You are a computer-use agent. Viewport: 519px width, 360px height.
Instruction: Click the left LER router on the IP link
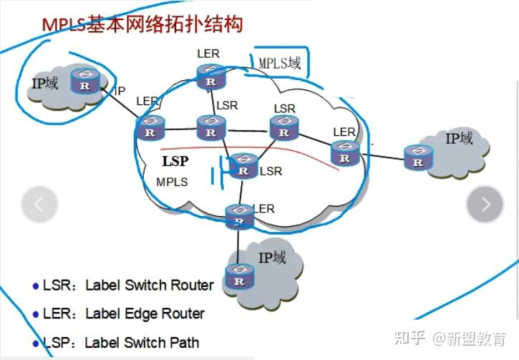coord(150,128)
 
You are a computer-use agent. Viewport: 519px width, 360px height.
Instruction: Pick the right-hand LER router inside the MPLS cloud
coord(345,152)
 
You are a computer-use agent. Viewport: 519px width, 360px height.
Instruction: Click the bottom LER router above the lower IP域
coord(239,216)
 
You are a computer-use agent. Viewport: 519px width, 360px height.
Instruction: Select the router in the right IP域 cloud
coord(417,157)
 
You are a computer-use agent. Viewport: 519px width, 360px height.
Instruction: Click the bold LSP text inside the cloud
coord(175,162)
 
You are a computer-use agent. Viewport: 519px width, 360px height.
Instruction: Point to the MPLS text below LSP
coord(172,182)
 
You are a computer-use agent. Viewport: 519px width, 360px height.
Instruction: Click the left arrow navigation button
coord(39,204)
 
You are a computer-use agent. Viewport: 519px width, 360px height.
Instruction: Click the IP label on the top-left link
coord(120,91)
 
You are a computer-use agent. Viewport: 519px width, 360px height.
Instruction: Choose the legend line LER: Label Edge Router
coord(119,313)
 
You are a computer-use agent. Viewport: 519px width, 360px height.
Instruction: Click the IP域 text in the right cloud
coord(459,138)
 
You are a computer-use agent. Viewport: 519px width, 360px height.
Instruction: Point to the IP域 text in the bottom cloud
coord(272,257)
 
